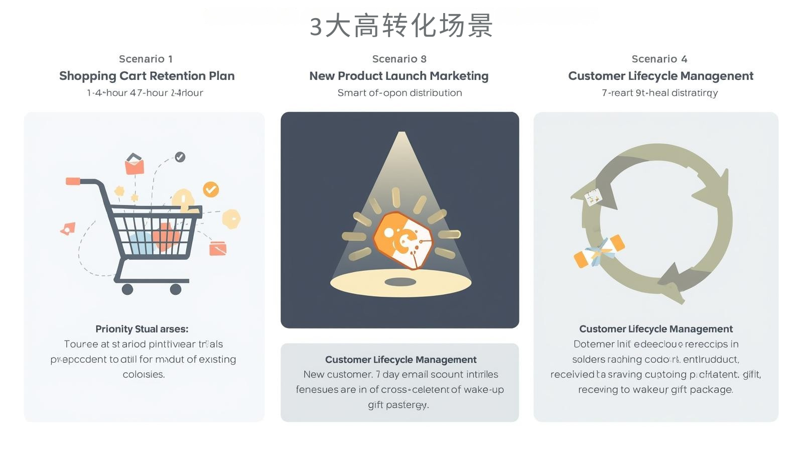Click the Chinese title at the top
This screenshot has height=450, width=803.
[401, 26]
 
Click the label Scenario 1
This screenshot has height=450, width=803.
[146, 59]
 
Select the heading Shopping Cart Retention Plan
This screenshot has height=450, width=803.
[147, 76]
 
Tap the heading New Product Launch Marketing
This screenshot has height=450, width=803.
[398, 76]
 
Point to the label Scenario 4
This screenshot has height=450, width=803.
[659, 59]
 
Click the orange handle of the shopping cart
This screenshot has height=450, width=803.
[73, 181]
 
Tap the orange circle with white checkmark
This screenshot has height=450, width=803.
[211, 189]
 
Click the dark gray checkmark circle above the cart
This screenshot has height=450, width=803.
[180, 157]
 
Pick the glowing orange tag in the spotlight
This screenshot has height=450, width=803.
[403, 241]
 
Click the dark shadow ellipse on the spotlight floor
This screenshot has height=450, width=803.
[400, 282]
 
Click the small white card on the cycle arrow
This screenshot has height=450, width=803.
[593, 197]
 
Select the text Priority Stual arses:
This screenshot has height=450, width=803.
[142, 329]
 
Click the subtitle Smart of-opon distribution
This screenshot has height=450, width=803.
[399, 93]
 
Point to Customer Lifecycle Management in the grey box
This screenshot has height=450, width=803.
[400, 360]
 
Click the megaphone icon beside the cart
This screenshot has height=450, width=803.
[68, 229]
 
